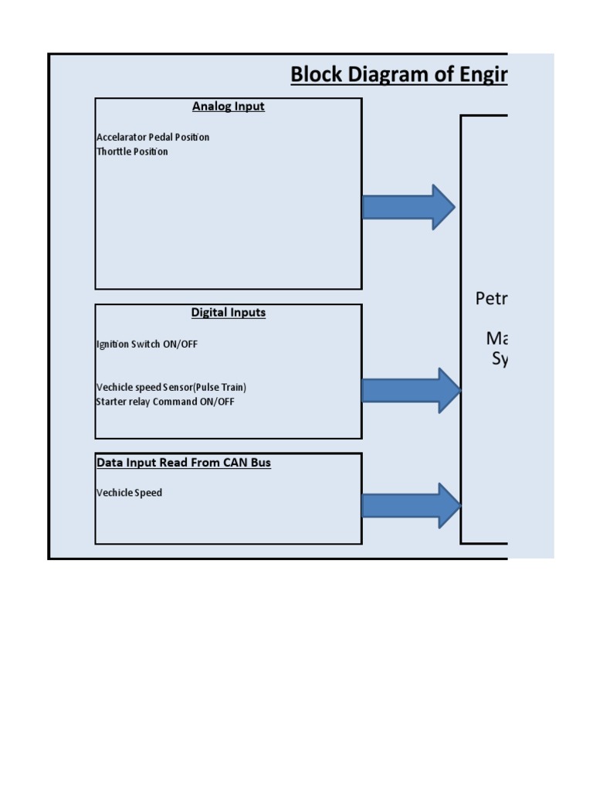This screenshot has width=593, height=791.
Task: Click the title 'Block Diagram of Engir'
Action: tap(398, 75)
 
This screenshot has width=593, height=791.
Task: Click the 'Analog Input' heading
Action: tap(228, 107)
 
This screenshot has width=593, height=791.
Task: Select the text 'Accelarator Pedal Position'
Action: tap(153, 137)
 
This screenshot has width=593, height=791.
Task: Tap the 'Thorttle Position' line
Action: tap(132, 152)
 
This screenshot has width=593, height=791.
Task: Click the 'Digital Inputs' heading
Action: tap(228, 313)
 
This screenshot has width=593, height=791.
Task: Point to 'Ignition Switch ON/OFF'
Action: tap(147, 345)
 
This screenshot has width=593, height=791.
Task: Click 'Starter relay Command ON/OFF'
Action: tap(165, 402)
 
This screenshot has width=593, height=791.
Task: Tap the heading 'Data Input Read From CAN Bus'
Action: tap(184, 463)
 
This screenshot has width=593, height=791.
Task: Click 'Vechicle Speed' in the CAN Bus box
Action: tap(129, 493)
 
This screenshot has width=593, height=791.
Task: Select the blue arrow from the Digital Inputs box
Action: tap(409, 390)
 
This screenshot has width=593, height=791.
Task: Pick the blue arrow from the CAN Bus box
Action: tap(409, 506)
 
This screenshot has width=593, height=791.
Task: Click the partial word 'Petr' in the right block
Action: tap(491, 299)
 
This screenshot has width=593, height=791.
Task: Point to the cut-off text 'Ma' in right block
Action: tap(497, 338)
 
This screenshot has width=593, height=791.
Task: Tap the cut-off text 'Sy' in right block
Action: tap(500, 359)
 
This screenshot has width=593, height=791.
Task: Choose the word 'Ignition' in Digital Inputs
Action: tap(114, 345)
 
